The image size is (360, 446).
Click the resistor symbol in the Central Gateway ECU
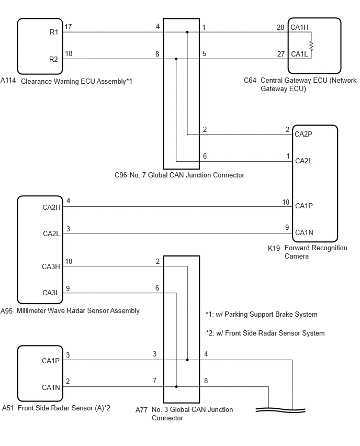click(x=311, y=46)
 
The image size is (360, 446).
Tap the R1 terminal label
click(x=54, y=32)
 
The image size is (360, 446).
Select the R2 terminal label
click(x=53, y=59)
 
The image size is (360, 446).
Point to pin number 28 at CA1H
click(x=280, y=27)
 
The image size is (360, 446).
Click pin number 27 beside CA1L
click(x=281, y=54)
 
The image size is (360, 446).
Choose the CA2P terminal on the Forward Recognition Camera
click(x=303, y=134)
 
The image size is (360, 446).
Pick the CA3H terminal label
click(x=51, y=266)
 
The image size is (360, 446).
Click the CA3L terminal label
click(x=51, y=293)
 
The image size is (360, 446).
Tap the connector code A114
click(x=8, y=81)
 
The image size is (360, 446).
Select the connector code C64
click(x=250, y=81)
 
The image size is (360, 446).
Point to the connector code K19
click(x=274, y=248)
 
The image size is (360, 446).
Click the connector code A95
click(x=6, y=311)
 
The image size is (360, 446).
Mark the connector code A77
click(x=141, y=410)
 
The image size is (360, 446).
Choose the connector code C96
click(x=120, y=175)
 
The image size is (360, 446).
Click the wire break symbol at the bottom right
click(x=280, y=410)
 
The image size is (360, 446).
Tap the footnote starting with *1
click(x=261, y=314)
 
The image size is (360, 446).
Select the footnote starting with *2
click(x=265, y=333)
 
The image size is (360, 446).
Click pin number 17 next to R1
click(x=68, y=27)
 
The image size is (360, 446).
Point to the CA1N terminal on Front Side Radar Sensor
click(x=51, y=387)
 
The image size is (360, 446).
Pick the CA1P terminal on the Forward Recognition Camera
click(x=304, y=206)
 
